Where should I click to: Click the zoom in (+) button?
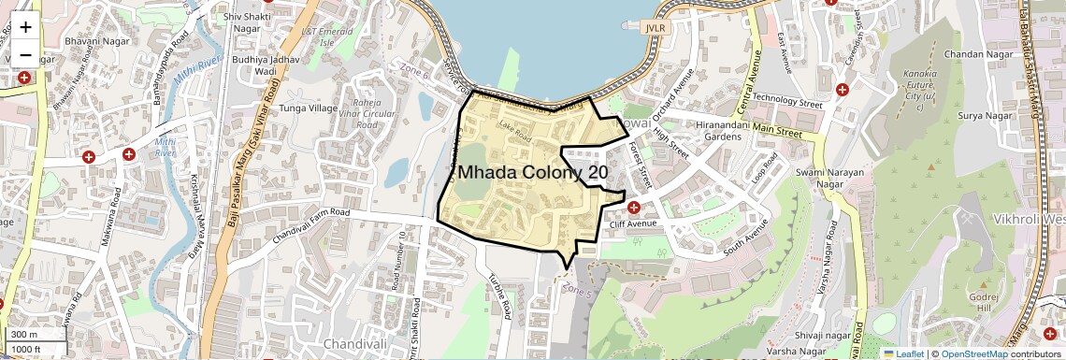25,26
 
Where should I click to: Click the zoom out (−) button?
25,54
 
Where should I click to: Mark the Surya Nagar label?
986,116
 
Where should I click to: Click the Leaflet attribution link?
903,353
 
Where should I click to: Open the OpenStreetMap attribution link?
972,353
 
